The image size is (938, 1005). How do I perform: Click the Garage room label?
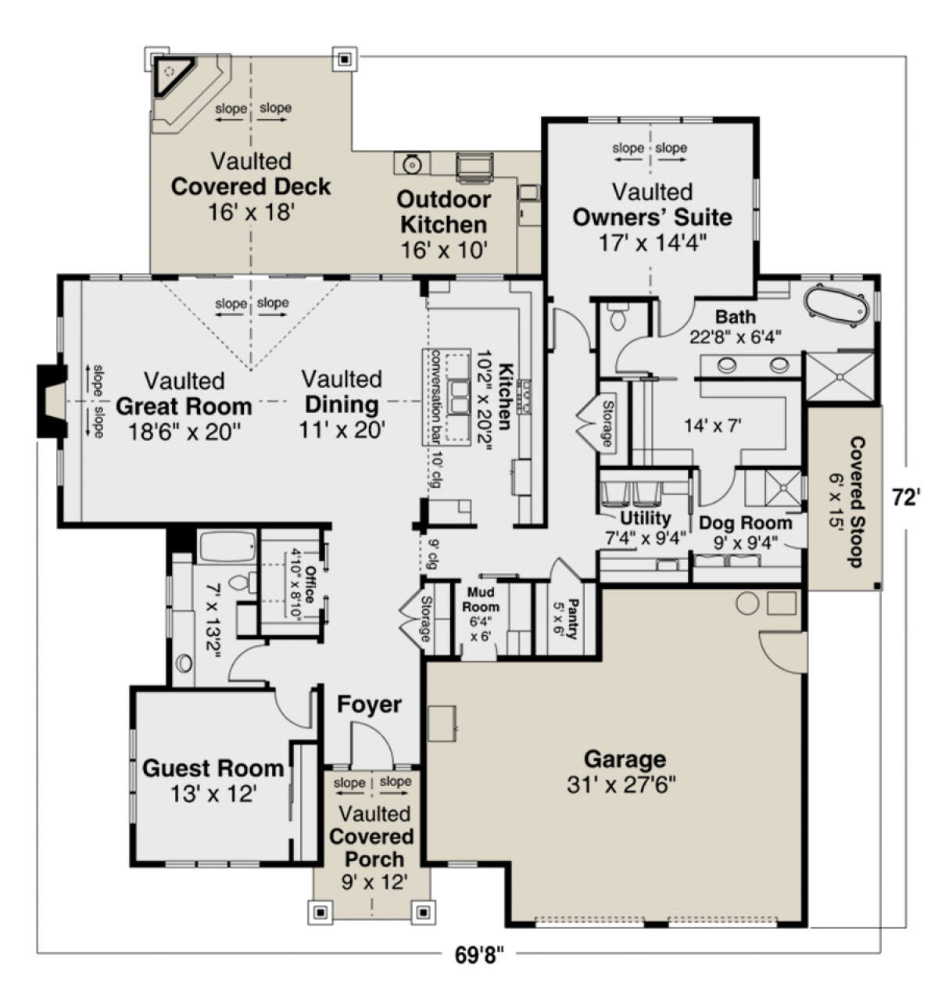click(x=625, y=759)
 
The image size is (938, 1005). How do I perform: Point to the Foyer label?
click(x=369, y=705)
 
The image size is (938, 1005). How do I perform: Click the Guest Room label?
click(x=213, y=768)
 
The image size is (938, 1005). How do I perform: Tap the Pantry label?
click(x=573, y=619)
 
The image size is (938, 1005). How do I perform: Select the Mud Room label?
click(x=480, y=599)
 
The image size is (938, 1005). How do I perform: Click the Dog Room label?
click(x=745, y=522)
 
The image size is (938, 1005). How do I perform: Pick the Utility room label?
click(x=645, y=518)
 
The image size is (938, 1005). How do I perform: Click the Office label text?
click(x=310, y=584)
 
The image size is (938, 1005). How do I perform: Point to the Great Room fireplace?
click(x=52, y=400)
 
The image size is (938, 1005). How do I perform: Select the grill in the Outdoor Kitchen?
click(x=474, y=166)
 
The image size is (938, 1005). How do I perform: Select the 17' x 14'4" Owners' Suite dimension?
click(x=652, y=243)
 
